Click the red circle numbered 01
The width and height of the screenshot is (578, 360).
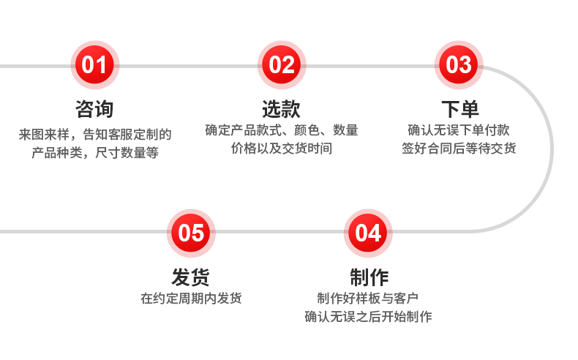point(94,65)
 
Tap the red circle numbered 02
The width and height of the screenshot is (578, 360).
point(282,65)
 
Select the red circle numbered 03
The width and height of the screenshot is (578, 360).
point(459,65)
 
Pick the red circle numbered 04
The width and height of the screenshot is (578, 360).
point(368,233)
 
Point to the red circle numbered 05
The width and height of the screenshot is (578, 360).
point(191,233)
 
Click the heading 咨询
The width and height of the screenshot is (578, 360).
point(94,109)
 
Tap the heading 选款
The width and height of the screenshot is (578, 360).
point(282,109)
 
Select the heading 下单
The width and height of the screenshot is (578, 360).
point(459,109)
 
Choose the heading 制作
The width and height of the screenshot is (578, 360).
point(369,277)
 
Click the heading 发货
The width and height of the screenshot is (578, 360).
point(191,277)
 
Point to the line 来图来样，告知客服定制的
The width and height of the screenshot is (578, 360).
point(94,135)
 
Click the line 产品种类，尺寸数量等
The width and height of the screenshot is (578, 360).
point(94,152)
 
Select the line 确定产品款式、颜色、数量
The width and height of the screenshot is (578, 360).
point(282,131)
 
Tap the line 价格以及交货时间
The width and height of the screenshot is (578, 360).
point(282,149)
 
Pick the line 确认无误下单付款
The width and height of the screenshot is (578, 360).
point(459,131)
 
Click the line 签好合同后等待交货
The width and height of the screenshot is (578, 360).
point(459,149)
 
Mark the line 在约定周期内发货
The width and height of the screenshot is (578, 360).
point(191,299)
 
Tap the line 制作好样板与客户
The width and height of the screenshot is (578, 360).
point(368,299)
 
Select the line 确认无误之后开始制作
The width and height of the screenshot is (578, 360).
point(368,317)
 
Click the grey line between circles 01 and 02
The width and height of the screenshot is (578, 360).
point(188,66)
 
